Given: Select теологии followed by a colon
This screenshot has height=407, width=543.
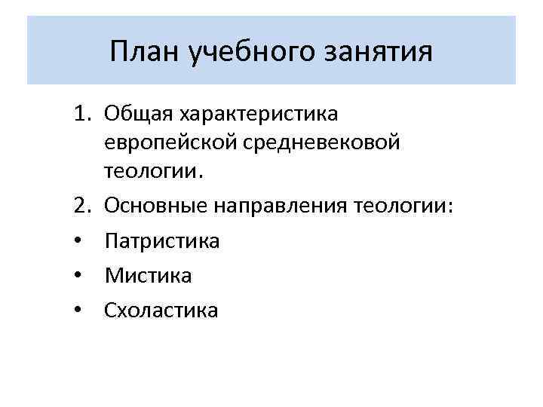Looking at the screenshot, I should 404,206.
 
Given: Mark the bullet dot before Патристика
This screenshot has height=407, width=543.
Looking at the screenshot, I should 79,241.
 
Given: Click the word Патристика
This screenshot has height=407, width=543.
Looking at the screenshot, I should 162,241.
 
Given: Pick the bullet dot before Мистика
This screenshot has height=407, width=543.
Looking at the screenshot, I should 79,276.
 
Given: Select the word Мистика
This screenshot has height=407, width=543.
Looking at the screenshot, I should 149,276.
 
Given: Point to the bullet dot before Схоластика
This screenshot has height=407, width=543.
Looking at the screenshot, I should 79,311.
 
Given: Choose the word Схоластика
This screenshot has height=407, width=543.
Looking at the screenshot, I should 161,311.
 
